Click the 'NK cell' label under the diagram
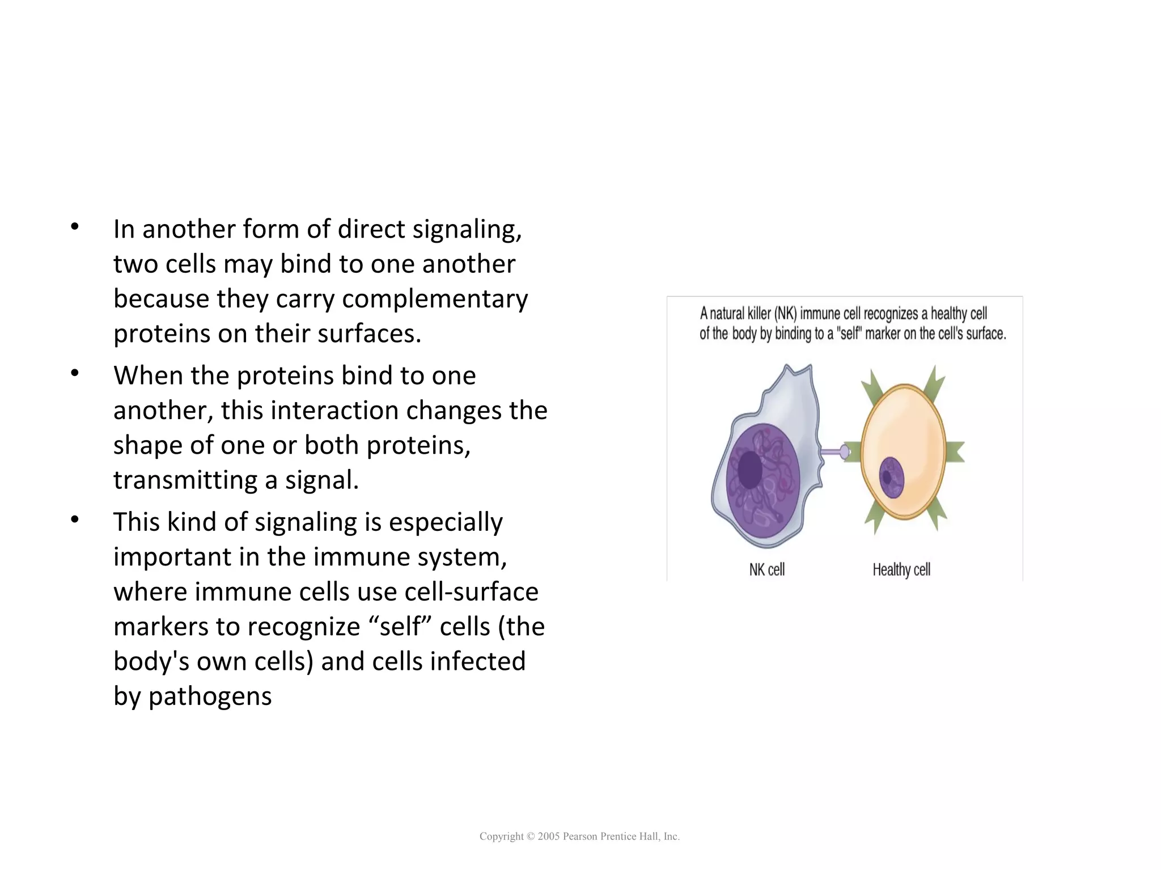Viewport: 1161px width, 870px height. coord(766,569)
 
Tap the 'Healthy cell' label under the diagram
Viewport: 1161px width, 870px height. coord(901,569)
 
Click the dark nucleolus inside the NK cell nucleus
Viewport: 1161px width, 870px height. coord(750,470)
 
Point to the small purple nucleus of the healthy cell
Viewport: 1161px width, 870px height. coord(891,478)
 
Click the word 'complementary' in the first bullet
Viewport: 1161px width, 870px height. coord(435,299)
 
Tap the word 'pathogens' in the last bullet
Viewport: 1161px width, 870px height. coord(210,696)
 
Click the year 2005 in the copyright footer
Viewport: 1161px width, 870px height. coord(549,837)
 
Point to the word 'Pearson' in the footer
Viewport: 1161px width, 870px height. coord(580,837)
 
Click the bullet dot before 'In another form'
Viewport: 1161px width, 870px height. coord(75,227)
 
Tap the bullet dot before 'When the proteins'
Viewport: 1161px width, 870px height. coord(75,373)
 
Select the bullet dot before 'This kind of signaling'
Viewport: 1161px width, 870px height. coord(75,520)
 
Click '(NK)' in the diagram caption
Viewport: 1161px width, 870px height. coord(786,314)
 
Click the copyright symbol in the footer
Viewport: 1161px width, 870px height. coord(531,837)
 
